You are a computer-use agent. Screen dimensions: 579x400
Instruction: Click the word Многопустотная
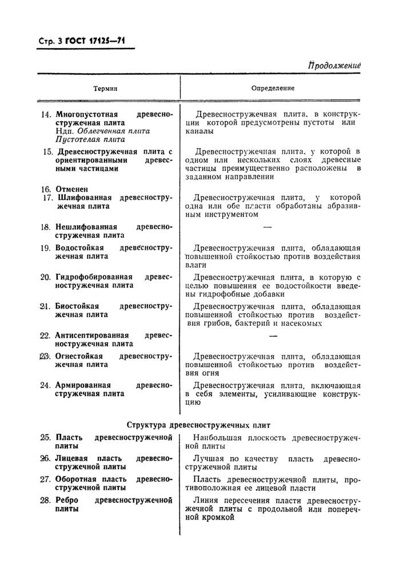(x=83, y=114)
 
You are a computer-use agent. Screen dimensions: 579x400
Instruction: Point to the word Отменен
(x=71, y=189)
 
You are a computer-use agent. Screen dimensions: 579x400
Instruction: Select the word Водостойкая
(x=79, y=248)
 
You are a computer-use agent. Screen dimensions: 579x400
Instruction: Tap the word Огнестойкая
(x=79, y=356)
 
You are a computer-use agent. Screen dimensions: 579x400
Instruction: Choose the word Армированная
(x=83, y=385)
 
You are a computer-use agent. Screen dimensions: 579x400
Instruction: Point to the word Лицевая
(x=73, y=459)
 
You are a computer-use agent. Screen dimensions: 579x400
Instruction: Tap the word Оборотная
(x=77, y=479)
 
